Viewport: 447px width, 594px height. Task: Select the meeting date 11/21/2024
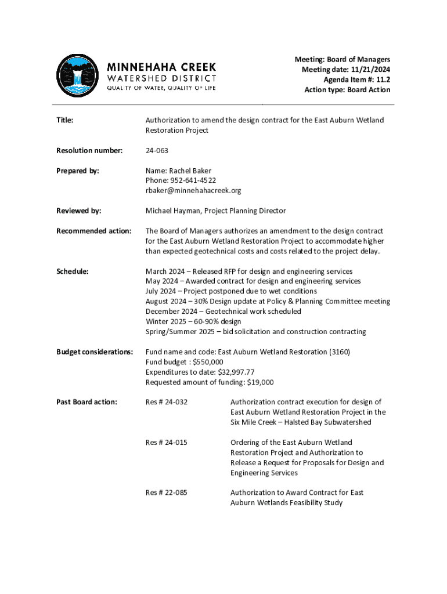pyautogui.click(x=369, y=70)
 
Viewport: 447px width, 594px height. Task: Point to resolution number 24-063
pyautogui.click(x=157, y=151)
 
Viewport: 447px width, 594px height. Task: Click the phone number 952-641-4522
pyautogui.click(x=192, y=180)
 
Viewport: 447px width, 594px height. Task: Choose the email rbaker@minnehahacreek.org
pyautogui.click(x=193, y=190)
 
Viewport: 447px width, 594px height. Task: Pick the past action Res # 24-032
pyautogui.click(x=167, y=402)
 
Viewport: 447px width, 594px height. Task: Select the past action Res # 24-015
pyautogui.click(x=167, y=443)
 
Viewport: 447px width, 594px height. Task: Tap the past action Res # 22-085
pyautogui.click(x=167, y=492)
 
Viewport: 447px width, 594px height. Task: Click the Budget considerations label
pyautogui.click(x=95, y=352)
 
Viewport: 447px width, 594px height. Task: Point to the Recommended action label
pyautogui.click(x=93, y=231)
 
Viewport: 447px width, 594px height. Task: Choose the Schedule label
pyautogui.click(x=73, y=271)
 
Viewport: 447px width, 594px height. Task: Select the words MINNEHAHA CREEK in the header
pyautogui.click(x=161, y=67)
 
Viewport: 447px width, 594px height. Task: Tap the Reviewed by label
pyautogui.click(x=79, y=211)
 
